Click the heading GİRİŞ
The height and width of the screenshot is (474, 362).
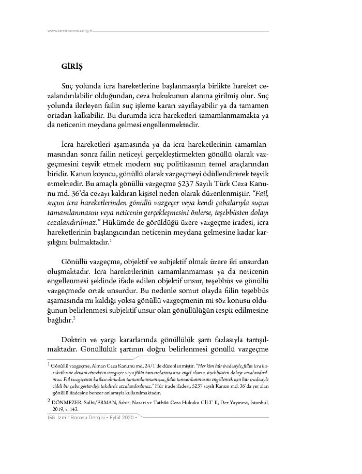coord(72,67)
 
